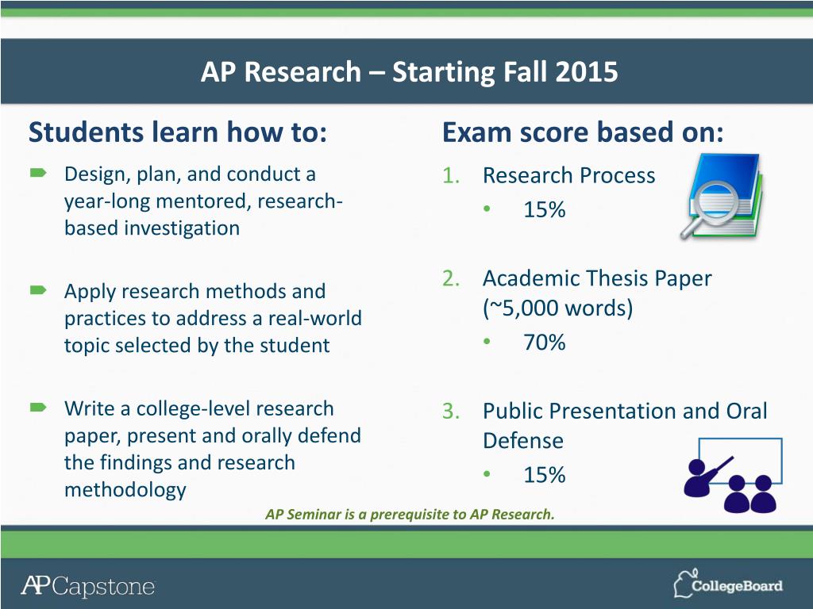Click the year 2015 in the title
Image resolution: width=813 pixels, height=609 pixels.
pos(586,71)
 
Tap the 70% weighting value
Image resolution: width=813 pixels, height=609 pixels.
pos(545,343)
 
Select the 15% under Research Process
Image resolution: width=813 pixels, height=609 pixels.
pos(545,209)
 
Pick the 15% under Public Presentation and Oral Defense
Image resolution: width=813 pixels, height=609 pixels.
pos(545,475)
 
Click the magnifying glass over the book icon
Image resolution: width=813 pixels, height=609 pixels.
pos(709,209)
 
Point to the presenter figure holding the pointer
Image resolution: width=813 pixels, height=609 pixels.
pos(706,477)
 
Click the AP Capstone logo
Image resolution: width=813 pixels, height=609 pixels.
pos(88,586)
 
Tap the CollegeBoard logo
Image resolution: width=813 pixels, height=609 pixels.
pos(728,584)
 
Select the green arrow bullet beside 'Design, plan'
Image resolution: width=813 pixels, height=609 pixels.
pos(38,173)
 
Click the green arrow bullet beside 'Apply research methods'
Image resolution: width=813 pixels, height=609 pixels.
pos(38,290)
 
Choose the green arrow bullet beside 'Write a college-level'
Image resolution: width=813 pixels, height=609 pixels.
pos(38,408)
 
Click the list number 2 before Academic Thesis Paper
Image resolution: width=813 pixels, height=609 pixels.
pos(451,278)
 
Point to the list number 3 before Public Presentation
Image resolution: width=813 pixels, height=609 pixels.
pos(451,412)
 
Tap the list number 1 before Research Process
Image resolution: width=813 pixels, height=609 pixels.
pos(451,175)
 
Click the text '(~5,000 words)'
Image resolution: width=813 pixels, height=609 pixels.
pos(558,308)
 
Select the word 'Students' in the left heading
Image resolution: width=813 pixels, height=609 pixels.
pos(86,132)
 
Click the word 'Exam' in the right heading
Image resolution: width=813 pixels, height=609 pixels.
pos(476,132)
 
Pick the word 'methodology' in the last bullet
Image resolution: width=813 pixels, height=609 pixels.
pos(125,490)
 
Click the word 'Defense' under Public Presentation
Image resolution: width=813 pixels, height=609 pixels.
pos(522,441)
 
